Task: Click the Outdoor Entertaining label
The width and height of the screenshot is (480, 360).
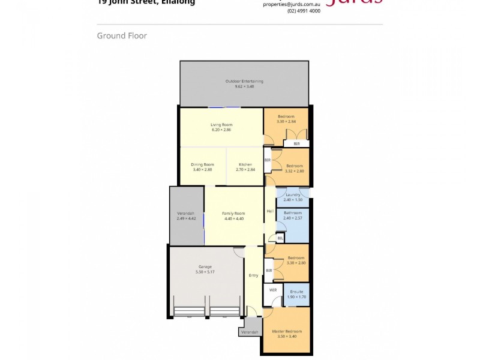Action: coord(244,81)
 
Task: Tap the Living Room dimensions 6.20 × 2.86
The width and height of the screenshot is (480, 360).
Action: coord(221,130)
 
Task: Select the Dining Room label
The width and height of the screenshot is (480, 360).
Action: coord(202,164)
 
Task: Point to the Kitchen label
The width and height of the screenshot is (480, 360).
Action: coord(245,164)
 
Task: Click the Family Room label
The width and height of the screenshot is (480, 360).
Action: coord(233,214)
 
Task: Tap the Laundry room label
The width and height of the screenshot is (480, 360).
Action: coord(292,194)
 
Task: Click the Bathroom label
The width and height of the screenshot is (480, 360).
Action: coord(292,213)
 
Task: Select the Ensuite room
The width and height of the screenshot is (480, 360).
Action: coord(295,294)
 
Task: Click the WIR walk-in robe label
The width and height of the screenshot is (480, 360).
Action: coord(272,290)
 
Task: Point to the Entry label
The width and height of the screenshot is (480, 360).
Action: coord(254,275)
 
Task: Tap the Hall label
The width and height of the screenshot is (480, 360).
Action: coord(270,211)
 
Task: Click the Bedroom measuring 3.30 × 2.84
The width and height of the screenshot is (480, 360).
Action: coord(286,119)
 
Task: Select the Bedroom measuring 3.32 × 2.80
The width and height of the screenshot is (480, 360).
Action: coord(294,168)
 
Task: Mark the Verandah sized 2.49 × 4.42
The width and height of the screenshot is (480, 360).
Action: coord(185,216)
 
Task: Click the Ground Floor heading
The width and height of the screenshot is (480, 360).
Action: coord(122,36)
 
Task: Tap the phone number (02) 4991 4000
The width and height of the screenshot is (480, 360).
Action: coord(304,11)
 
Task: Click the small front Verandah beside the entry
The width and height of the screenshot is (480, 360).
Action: coord(249,332)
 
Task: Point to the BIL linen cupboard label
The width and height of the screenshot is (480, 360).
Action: coord(280,238)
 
